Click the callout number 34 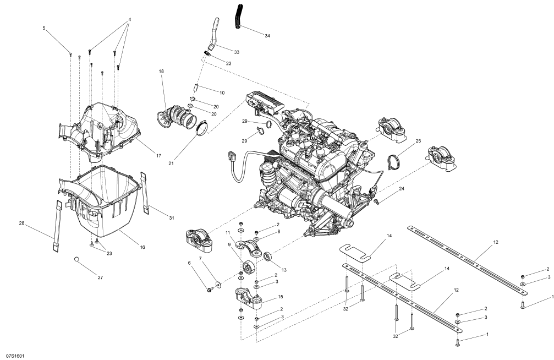pos(267,36)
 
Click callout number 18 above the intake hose pos(162,72)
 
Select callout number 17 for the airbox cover pos(158,156)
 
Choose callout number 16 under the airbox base pos(142,248)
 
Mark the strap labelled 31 pos(148,193)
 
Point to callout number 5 pos(44,28)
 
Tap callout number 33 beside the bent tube pos(237,52)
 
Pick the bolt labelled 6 pos(211,290)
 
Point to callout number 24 pos(401,189)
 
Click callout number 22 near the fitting pos(228,63)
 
